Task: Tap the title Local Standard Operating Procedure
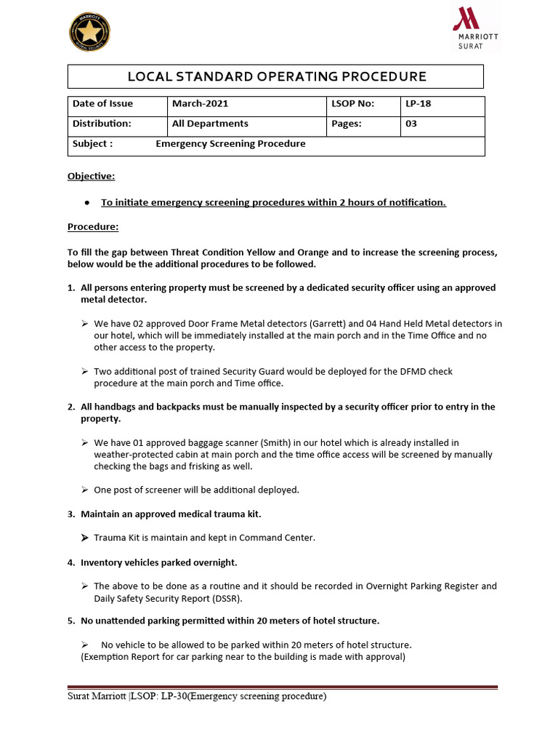[276, 76]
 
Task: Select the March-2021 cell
[200, 103]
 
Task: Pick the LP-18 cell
[418, 103]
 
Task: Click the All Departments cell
[210, 124]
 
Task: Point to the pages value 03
[411, 124]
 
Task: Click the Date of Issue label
[102, 103]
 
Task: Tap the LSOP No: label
[352, 103]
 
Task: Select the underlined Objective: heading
[91, 176]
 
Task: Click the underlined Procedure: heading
[93, 227]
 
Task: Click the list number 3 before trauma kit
[71, 514]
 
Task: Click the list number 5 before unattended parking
[71, 621]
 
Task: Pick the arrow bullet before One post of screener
[85, 490]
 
